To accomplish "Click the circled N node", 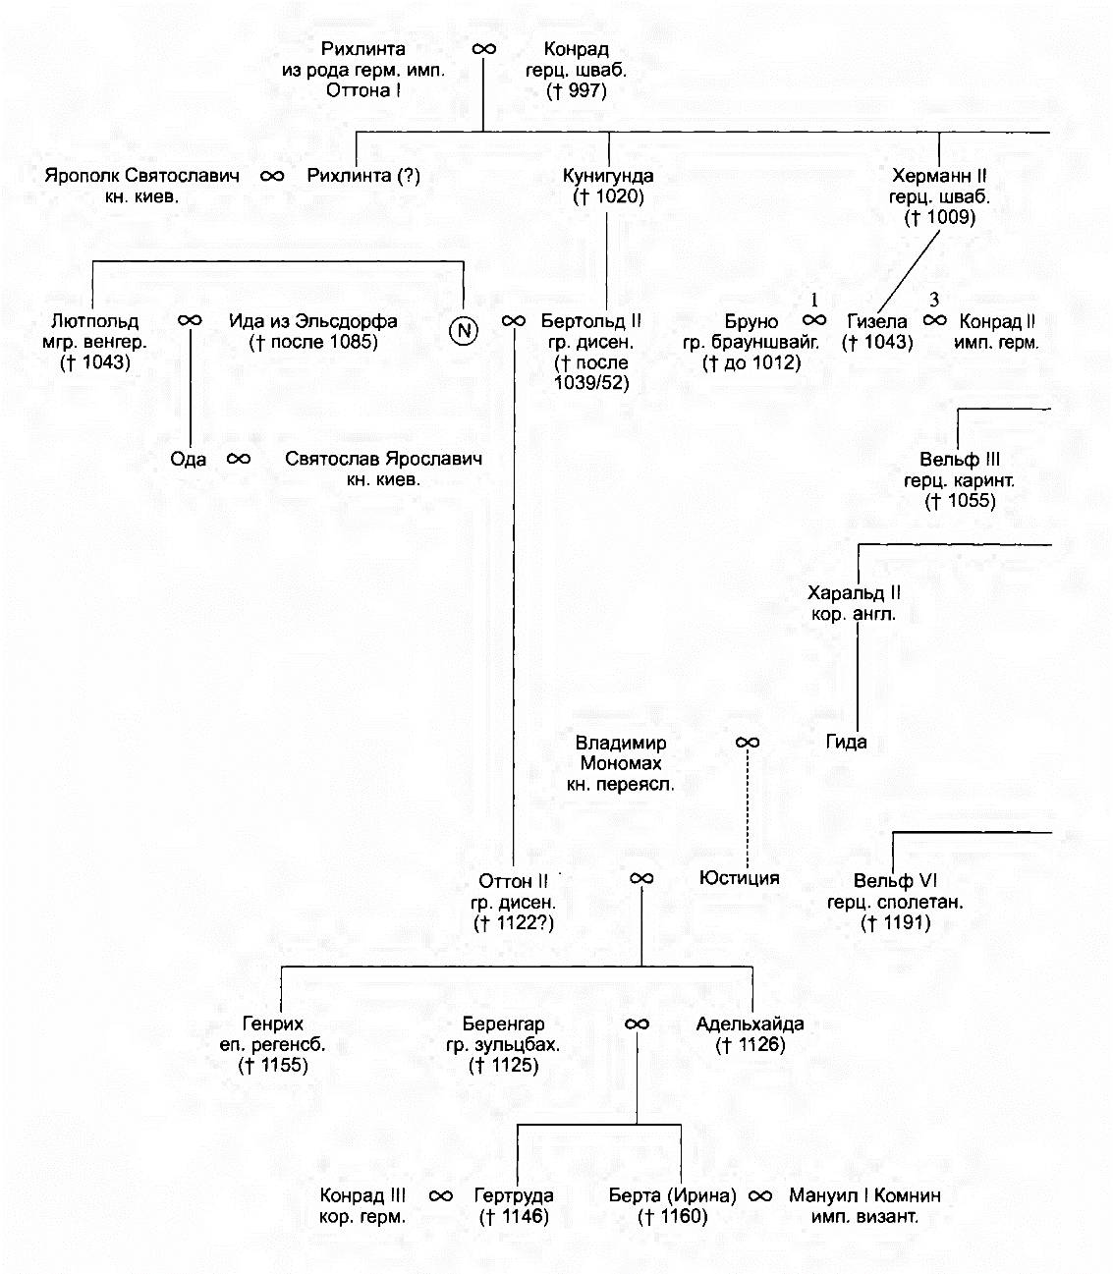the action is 464,330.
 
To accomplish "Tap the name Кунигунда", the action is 607,176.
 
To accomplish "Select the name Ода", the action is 188,459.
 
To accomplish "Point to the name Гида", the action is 846,742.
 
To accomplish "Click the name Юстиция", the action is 740,877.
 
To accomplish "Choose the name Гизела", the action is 877,321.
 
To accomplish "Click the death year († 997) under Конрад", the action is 577,91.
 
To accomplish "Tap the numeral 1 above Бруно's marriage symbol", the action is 813,301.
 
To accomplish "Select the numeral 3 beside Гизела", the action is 934,301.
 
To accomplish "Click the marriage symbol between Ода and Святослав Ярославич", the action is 239,459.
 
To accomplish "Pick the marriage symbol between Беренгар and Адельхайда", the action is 637,1024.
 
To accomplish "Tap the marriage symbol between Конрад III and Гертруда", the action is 441,1195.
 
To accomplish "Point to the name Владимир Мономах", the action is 621,752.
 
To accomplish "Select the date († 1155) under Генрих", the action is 273,1065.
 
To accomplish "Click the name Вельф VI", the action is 895,880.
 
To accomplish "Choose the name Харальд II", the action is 854,592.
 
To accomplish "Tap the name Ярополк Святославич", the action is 141,176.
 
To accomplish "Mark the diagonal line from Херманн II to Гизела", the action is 909,271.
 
